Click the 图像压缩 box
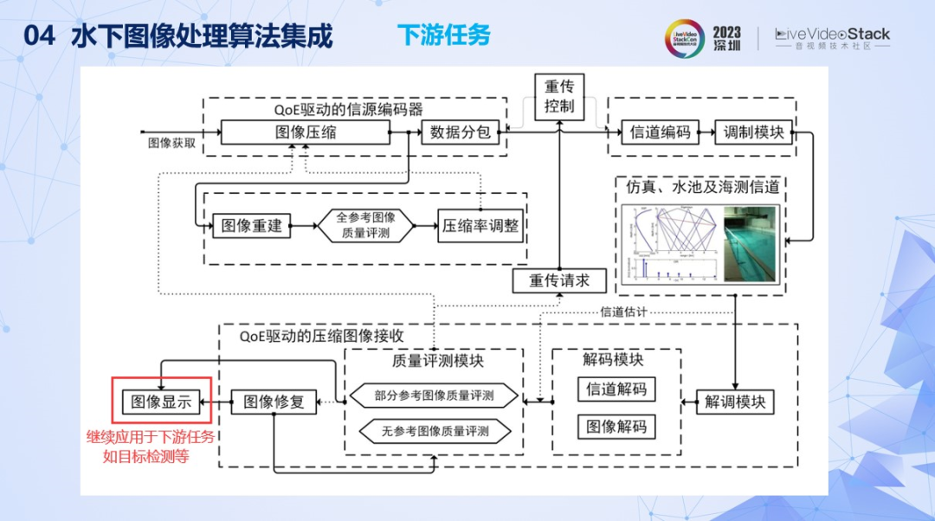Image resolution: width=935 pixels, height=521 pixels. tap(305, 132)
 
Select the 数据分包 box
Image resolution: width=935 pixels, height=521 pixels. tap(460, 132)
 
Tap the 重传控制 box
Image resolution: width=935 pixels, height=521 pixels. tap(559, 97)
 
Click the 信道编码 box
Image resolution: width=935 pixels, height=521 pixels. tap(660, 132)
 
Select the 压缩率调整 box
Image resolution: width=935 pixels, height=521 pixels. tap(480, 226)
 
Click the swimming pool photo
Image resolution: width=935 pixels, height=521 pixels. tap(751, 247)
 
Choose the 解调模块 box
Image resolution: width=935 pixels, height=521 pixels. tap(735, 402)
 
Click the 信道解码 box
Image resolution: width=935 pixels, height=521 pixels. tap(616, 389)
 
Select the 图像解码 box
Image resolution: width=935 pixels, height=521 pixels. tap(616, 426)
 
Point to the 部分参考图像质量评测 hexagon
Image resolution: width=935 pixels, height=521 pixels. tap(434, 396)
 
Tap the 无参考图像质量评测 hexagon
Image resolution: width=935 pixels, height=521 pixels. tap(434, 430)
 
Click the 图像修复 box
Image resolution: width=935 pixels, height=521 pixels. tap(274, 402)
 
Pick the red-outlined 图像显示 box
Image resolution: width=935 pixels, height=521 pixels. tap(162, 402)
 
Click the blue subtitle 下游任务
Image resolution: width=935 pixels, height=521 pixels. tap(443, 35)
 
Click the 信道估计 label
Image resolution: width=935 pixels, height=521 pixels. tap(623, 311)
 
